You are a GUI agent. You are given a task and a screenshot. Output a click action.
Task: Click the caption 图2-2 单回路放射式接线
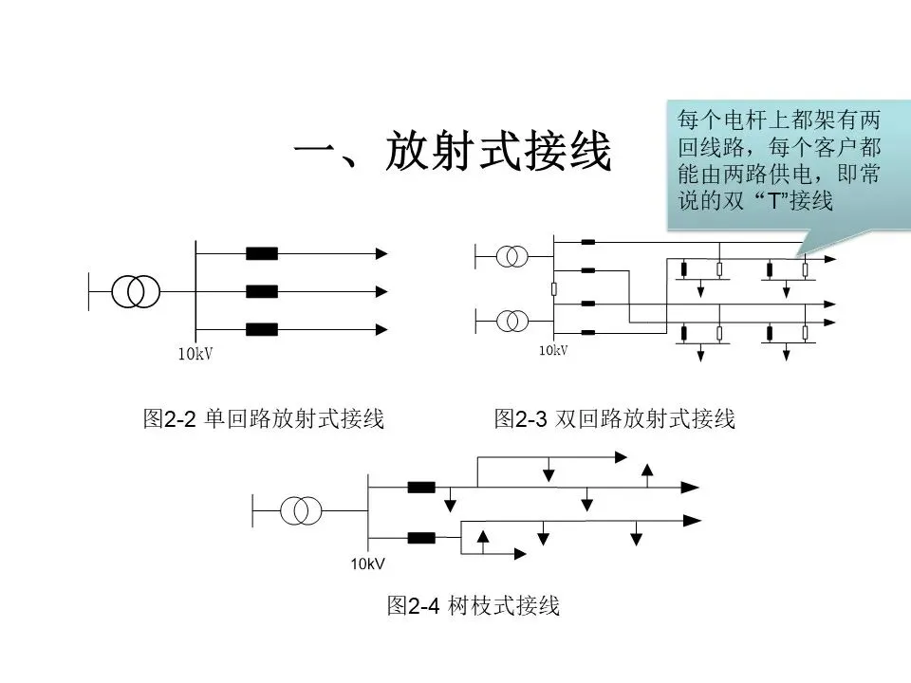click(x=263, y=419)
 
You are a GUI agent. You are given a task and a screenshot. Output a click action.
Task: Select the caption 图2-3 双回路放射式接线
click(x=615, y=419)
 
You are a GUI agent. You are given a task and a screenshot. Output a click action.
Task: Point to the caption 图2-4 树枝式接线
click(x=474, y=606)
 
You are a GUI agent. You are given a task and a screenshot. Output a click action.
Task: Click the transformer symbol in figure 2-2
click(x=135, y=291)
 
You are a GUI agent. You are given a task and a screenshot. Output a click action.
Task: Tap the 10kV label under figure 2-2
click(x=195, y=355)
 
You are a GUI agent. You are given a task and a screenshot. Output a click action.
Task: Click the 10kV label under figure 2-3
click(x=553, y=351)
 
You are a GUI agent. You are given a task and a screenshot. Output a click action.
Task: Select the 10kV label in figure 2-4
click(x=367, y=564)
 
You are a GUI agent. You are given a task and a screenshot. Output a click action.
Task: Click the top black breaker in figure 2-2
click(x=262, y=253)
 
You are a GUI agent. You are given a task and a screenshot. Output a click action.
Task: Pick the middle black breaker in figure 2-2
click(x=262, y=291)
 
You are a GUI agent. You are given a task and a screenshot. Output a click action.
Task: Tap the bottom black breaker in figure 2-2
click(x=262, y=329)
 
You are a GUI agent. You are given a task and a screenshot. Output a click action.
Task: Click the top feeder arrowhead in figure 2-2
click(x=381, y=253)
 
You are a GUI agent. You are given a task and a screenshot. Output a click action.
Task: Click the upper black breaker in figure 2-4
click(x=421, y=488)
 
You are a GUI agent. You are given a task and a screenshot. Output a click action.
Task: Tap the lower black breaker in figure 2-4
click(x=421, y=538)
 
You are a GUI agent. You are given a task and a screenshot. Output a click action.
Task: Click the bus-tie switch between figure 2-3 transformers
click(x=553, y=288)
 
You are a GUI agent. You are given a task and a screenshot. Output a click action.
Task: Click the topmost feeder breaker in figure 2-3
click(x=587, y=241)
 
